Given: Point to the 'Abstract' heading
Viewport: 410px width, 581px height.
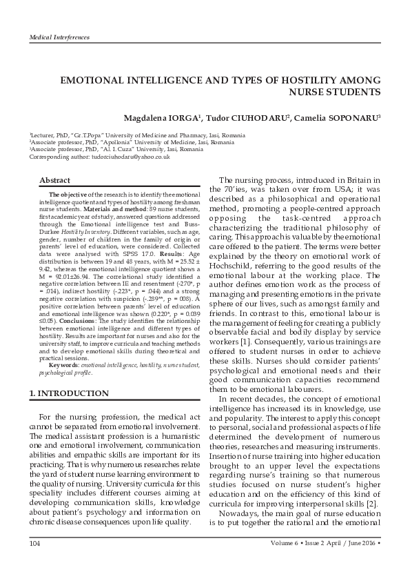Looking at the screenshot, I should coord(54,180).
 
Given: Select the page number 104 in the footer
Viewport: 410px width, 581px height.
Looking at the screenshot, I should coord(35,544).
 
